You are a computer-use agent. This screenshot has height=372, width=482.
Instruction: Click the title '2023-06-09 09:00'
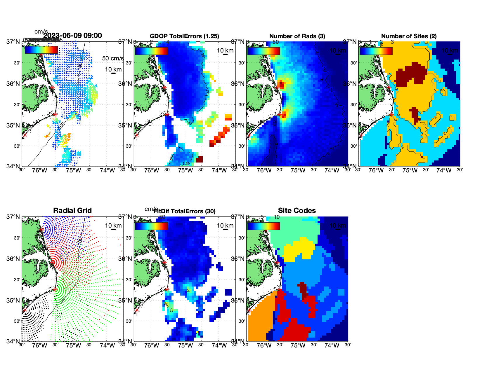tap(72, 36)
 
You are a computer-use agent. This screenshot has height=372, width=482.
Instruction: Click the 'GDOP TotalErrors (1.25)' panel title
tap(184, 36)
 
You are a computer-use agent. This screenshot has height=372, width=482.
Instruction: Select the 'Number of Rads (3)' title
tap(297, 36)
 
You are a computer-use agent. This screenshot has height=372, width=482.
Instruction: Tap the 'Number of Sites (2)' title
tap(409, 36)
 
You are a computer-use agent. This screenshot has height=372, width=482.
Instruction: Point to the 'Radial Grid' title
tap(72, 211)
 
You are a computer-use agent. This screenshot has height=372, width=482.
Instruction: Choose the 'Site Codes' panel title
tap(297, 211)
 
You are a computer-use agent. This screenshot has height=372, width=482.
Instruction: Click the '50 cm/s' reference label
tap(113, 58)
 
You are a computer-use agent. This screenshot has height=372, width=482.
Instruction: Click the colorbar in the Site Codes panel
tap(263, 226)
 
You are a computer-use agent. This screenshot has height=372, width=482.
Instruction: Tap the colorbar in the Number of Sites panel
tap(376, 51)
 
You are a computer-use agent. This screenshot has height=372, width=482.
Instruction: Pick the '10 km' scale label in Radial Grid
tap(113, 226)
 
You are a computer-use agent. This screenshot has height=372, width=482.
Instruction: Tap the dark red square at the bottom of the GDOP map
tap(199, 159)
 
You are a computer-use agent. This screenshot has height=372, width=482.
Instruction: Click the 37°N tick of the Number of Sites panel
tap(350, 42)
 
